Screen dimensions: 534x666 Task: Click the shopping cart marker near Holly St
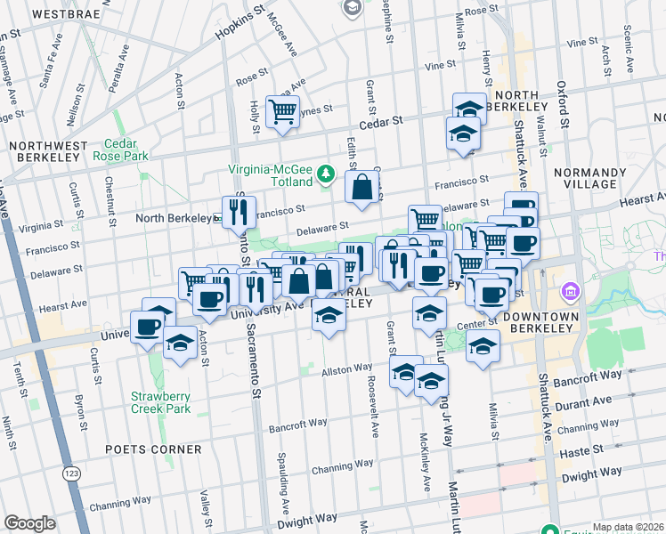[x=283, y=113]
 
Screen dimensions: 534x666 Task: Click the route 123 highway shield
[x=70, y=474]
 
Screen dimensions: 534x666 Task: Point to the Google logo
[x=29, y=523]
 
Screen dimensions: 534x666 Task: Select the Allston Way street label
[x=346, y=368]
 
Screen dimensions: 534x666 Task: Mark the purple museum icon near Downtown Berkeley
[x=570, y=292]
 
